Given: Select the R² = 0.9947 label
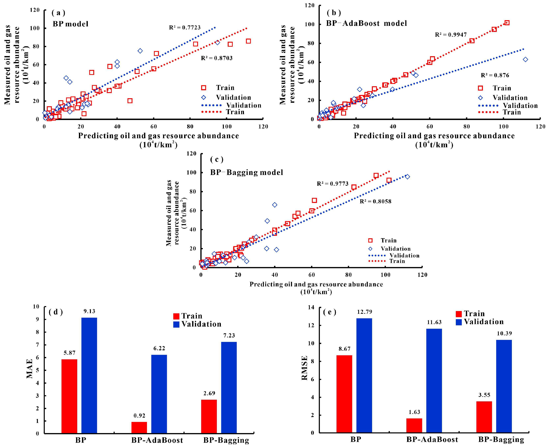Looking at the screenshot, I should [451, 35].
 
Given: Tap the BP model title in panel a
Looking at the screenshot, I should [70, 24].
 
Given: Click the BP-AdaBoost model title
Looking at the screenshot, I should [366, 23].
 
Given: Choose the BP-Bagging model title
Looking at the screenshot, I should [247, 172].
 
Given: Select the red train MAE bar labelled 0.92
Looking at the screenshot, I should [139, 427].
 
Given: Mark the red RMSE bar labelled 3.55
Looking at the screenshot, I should [484, 417].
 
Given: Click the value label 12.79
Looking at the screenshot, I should [365, 312].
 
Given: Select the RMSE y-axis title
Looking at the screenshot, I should [305, 368].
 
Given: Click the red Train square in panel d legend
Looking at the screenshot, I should [176, 316].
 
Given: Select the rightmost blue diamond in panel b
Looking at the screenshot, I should [525, 60].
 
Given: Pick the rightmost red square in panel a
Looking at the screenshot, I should [248, 41].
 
